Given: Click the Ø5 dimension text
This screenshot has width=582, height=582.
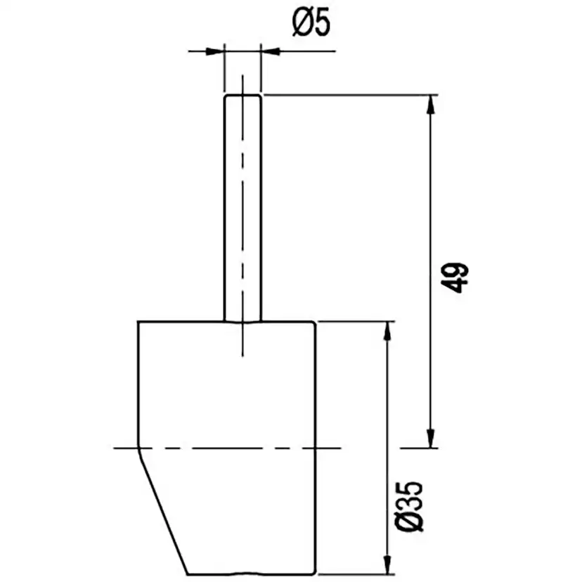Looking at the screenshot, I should point(311,25).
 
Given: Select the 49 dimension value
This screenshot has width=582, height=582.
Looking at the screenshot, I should point(456,277).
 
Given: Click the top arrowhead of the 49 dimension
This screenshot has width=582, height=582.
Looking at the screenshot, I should point(431,103).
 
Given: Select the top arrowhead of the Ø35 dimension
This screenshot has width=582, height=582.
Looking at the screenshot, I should point(386,330).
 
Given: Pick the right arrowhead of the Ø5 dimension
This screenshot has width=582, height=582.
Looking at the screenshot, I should point(270,51).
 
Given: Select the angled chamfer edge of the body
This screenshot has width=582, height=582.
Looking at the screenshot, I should point(163,510).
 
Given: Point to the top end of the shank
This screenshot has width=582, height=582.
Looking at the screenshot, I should point(242,96).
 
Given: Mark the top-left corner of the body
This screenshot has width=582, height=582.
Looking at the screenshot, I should point(138,322).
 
